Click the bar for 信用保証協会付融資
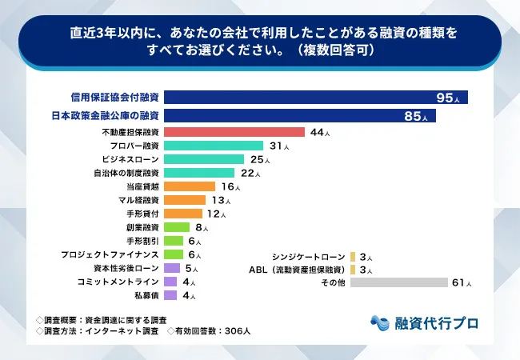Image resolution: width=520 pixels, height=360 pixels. [315, 98]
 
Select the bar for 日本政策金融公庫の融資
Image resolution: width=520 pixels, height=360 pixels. [299, 116]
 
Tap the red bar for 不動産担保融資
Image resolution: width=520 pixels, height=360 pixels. [234, 132]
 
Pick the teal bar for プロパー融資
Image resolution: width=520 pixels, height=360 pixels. [213, 146]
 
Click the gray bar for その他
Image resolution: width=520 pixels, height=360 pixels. [398, 282]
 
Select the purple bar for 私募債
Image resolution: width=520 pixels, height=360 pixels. [170, 295]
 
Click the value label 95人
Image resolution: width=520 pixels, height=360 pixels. [448, 98]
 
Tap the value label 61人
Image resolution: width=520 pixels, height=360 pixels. [462, 282]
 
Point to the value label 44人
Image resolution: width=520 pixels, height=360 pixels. [319, 132]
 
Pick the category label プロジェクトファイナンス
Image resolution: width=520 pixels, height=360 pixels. [110, 254]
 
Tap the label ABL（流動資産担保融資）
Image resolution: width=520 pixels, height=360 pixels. [298, 270]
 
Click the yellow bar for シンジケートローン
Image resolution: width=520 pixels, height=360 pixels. [353, 256]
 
